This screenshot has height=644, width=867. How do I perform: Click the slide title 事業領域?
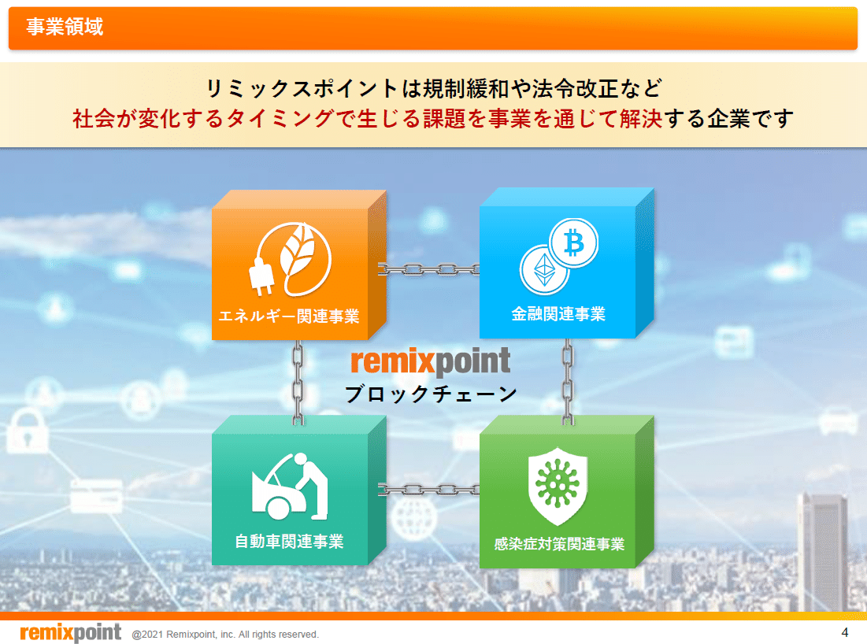pos(65,28)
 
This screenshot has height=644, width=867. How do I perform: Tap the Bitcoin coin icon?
pos(573,243)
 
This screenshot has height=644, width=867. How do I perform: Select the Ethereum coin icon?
pos(544,269)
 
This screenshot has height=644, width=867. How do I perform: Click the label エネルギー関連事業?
pos(289,316)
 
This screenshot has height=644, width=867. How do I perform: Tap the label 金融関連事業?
pos(558,315)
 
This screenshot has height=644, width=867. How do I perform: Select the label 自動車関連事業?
pos(289,542)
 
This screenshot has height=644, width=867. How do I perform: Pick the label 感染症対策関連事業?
pos(559,543)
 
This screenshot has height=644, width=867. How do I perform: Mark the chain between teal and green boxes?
pos(429,489)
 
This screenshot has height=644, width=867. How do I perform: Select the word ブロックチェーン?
pos(431,394)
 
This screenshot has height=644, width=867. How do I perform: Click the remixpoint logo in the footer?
pos(70,632)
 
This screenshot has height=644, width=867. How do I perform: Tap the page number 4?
pos(845,632)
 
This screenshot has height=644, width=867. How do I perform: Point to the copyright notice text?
pos(225,634)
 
